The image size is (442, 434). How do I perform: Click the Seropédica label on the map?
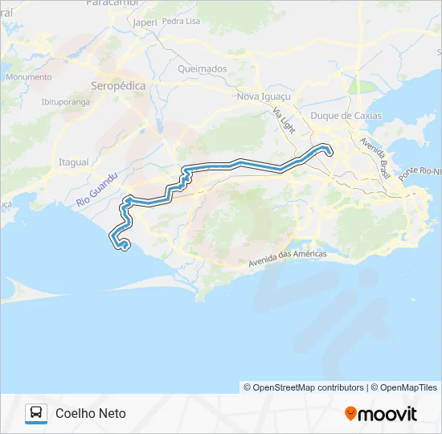117,84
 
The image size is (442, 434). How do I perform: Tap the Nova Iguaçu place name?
264,96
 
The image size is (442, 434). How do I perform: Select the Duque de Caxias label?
346,116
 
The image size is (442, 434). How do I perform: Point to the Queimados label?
203,69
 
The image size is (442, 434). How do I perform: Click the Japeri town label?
145,23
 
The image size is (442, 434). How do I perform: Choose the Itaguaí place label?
74,162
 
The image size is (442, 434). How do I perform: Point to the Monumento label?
28,77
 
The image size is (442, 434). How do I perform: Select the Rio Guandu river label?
98,190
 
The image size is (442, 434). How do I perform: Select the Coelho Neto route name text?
91,413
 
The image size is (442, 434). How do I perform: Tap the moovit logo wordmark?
387,414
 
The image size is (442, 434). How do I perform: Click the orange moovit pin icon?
350,414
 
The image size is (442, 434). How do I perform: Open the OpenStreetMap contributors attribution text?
304,387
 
